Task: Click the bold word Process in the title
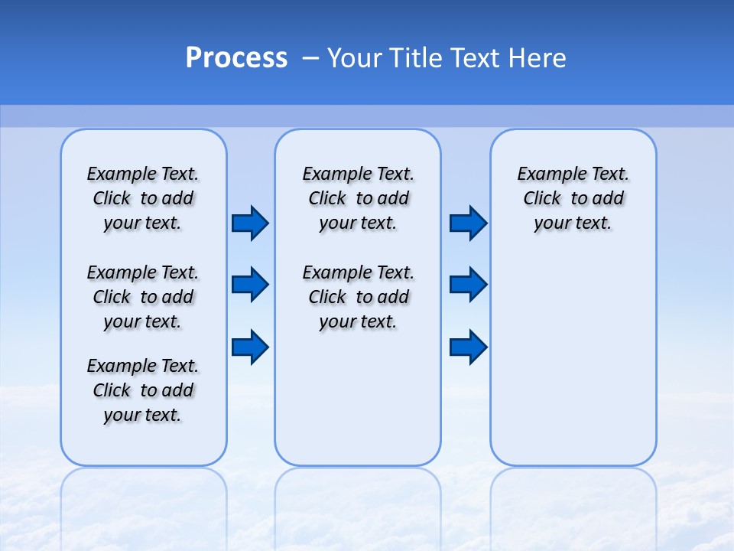tap(236, 58)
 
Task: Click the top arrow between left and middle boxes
tap(250, 223)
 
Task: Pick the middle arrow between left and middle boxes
tap(250, 285)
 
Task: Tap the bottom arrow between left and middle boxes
tap(250, 347)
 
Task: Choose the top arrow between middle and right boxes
tap(468, 223)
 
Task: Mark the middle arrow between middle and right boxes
tap(468, 285)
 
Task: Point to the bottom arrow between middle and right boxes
tap(468, 347)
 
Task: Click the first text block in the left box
tap(143, 198)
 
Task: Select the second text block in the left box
tap(143, 297)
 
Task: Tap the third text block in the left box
tap(143, 390)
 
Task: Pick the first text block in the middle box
tap(358, 198)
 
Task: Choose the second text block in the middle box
tap(358, 297)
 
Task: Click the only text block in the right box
tap(573, 198)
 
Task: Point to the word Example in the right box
tap(547, 174)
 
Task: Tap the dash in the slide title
tap(310, 58)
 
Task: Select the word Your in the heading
tap(354, 58)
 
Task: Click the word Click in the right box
tap(542, 199)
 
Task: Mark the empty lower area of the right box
tap(573, 360)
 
